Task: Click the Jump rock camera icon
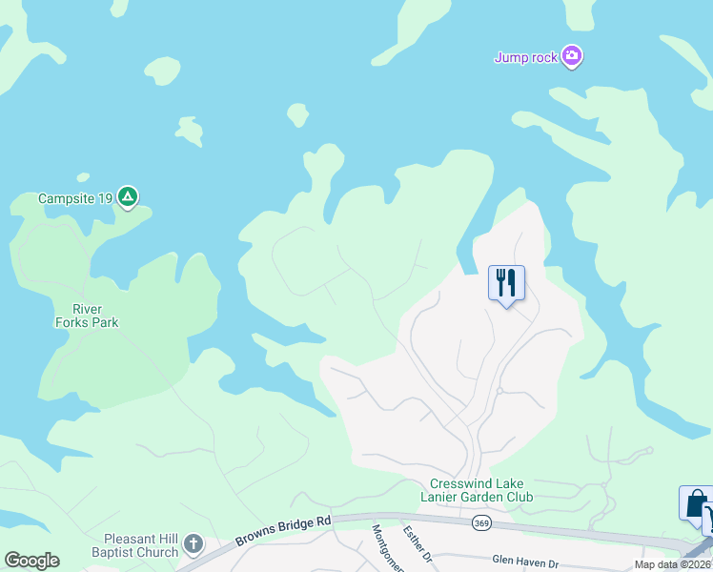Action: [572, 57]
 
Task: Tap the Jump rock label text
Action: [525, 58]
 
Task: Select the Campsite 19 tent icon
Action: [128, 198]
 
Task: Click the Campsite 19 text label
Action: [75, 199]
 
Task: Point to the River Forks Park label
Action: [94, 316]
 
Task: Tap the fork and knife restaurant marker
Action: [506, 282]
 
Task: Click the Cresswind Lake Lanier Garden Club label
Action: [478, 490]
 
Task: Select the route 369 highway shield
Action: [481, 523]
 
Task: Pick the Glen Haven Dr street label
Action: [524, 562]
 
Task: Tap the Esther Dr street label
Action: [418, 544]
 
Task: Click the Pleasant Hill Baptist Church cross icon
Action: [193, 544]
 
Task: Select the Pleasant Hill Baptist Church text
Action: [134, 545]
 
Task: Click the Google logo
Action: [32, 561]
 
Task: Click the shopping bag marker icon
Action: [695, 503]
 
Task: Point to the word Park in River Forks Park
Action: [131, 322]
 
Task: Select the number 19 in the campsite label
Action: [104, 199]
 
